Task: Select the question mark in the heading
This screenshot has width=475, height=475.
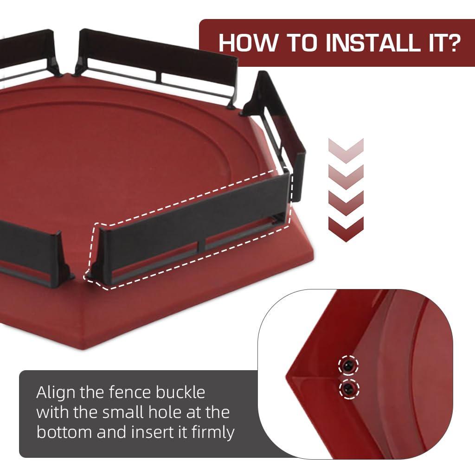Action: point(451,42)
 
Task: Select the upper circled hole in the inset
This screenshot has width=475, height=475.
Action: point(348,366)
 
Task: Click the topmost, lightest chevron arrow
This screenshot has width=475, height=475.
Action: point(346,151)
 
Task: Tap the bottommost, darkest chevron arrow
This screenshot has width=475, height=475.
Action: point(346,229)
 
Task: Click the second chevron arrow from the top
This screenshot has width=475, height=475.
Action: point(346,177)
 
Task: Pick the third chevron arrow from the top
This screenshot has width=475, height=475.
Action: point(346,203)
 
